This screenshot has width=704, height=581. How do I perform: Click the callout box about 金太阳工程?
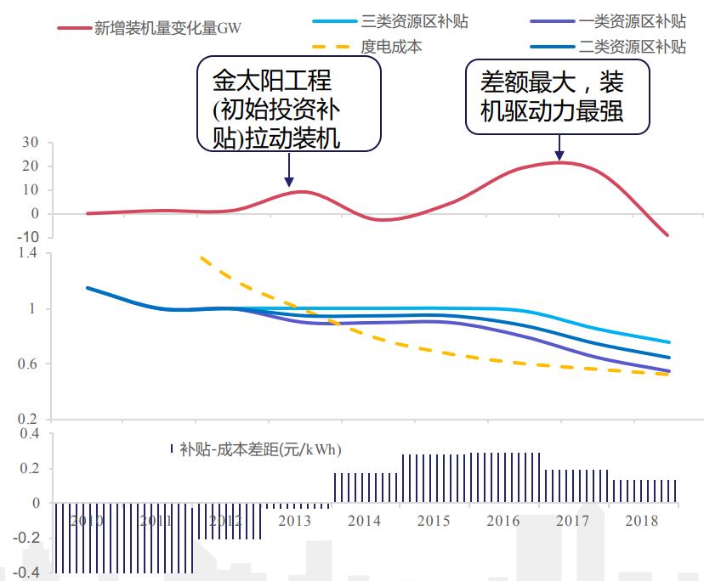(288, 104)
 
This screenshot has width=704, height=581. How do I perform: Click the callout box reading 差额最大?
(557, 96)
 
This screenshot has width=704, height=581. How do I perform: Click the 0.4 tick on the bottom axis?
(31, 434)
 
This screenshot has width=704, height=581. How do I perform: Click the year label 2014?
(364, 521)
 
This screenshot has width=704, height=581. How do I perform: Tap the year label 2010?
(87, 521)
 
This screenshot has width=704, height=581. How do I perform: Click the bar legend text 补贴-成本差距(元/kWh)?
(260, 449)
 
